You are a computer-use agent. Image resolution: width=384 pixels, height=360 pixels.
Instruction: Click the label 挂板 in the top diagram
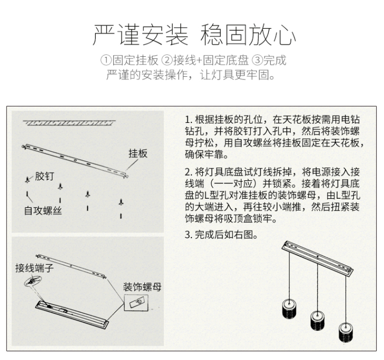click(138, 154)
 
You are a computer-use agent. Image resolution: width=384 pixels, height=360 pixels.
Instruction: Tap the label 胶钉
click(45, 176)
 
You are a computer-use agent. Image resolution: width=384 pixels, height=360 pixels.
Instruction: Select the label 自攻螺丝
click(43, 210)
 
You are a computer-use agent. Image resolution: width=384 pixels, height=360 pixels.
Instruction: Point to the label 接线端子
click(34, 268)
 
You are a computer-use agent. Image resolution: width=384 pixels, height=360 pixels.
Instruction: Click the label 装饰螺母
click(142, 287)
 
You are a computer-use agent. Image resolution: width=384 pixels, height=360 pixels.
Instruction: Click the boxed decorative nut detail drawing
click(136, 303)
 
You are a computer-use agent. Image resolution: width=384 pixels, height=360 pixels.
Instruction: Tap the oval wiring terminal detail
click(33, 281)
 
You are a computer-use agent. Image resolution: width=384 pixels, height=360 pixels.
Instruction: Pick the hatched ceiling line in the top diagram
click(69, 123)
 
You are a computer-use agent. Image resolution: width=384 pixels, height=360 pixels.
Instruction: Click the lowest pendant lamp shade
click(346, 332)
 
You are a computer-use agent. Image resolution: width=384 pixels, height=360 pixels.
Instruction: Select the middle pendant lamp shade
click(317, 321)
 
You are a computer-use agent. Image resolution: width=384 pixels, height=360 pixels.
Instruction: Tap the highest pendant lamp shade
click(289, 309)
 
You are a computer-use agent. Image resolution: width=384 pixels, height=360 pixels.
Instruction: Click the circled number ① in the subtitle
click(106, 60)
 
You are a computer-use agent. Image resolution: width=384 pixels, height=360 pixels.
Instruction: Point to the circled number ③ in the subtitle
click(258, 60)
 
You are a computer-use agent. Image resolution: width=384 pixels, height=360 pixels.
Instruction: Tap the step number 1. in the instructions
click(188, 120)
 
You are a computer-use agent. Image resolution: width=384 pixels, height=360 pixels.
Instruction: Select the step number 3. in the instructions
click(188, 235)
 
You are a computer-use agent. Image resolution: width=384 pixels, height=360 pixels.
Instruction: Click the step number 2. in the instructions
click(188, 172)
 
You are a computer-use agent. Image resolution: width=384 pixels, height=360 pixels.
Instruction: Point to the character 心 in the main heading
click(285, 35)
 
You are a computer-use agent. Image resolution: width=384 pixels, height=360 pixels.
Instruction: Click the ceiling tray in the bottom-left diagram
click(72, 315)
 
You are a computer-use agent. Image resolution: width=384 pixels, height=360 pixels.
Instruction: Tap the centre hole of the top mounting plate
click(75, 160)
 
